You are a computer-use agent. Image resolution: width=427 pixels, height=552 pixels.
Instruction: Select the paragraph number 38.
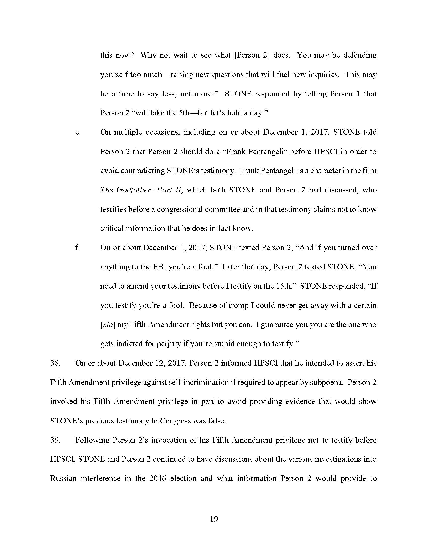pos(55,363)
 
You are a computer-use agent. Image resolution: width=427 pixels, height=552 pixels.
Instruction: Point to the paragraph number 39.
pos(55,440)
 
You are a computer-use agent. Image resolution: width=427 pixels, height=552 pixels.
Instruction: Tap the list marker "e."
pos(78,132)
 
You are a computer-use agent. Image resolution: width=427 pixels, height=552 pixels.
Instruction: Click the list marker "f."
pos(77,248)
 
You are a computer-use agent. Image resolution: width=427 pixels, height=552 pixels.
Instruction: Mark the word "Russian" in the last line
pos(63,478)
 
